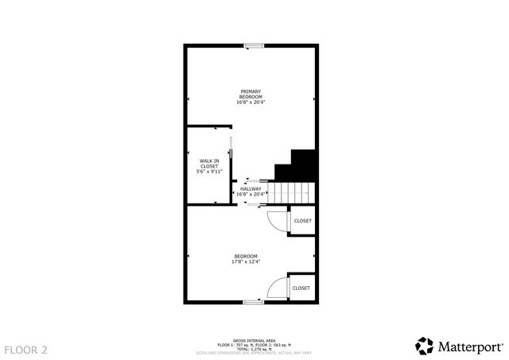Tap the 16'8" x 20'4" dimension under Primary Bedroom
point(251,102)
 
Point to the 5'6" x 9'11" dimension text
point(209,171)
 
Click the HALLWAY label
point(251,188)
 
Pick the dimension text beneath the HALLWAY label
point(251,194)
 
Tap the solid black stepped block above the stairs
point(302,166)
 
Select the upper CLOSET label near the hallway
point(302,220)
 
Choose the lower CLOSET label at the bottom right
point(301,288)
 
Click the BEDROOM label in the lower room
point(246,255)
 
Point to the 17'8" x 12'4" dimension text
point(246,261)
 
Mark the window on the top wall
point(254,45)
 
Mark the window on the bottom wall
point(254,301)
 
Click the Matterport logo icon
point(425,346)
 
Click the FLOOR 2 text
point(26,349)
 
